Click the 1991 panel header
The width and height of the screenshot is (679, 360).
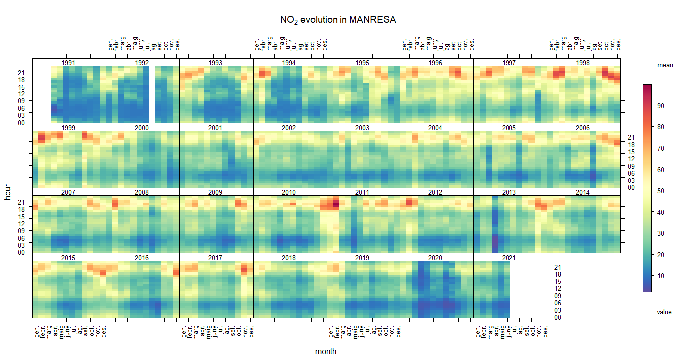click(x=69, y=63)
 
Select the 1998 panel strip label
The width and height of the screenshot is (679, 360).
click(x=584, y=63)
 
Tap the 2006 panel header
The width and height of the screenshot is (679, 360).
click(x=584, y=128)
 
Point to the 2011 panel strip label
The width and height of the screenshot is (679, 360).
click(x=363, y=192)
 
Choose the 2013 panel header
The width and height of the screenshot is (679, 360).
click(x=510, y=192)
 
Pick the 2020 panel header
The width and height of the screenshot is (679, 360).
click(x=436, y=258)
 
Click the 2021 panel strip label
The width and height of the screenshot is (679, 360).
click(x=510, y=258)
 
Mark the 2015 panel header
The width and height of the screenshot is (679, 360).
click(x=69, y=258)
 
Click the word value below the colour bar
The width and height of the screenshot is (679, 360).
click(x=664, y=312)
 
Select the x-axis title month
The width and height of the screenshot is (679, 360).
click(x=326, y=352)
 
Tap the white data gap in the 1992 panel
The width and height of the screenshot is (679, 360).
click(x=152, y=94)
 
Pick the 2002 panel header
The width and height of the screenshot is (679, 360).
click(x=289, y=128)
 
